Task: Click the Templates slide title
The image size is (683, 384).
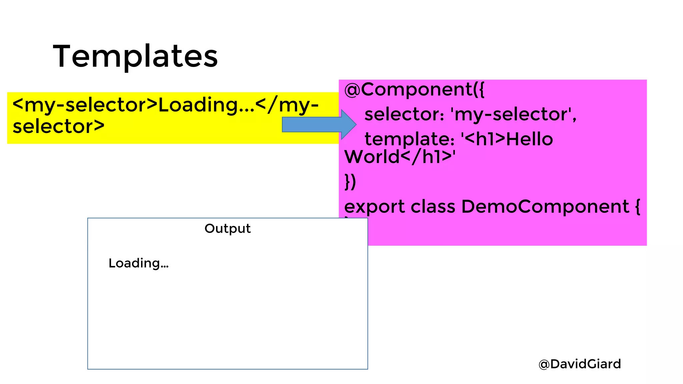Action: tap(135, 56)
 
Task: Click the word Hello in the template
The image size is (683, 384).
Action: tap(530, 139)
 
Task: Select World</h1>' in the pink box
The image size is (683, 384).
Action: tap(400, 157)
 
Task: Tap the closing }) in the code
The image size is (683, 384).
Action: tap(350, 182)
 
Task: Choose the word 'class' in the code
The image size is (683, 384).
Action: tap(433, 206)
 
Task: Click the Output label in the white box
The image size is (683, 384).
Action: tap(227, 229)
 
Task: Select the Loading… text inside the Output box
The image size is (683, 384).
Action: tap(138, 263)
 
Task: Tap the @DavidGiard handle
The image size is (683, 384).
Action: tap(580, 364)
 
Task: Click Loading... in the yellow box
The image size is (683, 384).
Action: tap(206, 105)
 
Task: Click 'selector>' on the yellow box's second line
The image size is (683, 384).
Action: tap(59, 127)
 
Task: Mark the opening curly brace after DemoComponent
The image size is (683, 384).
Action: tap(637, 206)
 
